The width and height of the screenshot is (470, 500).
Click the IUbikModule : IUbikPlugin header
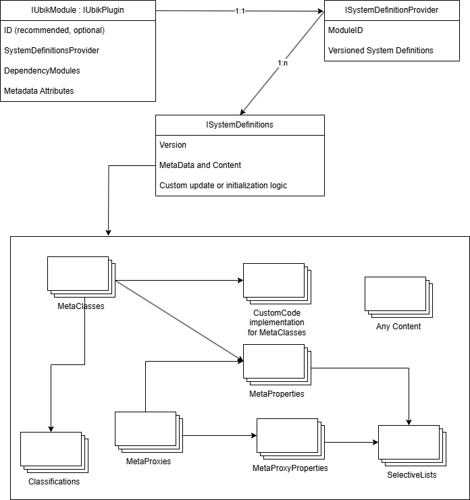coord(78,10)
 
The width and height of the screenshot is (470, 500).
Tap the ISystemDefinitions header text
coord(240,125)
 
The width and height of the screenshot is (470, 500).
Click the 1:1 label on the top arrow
coord(240,11)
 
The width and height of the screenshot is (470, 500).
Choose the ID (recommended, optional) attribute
coord(54,30)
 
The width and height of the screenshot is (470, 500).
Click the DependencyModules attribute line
coord(42,71)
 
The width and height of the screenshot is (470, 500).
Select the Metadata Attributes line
coord(39,91)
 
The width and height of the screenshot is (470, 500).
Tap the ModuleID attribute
coord(346,30)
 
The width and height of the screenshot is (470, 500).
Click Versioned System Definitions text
coord(381,51)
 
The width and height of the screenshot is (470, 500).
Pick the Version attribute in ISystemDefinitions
coord(173,145)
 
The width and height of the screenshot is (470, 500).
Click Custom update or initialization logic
coord(223,186)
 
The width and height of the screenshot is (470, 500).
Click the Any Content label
coord(398,327)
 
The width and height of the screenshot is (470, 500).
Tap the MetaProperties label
coord(277,394)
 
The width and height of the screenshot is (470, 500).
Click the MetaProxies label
coord(149,462)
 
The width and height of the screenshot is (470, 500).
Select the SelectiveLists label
coord(412,475)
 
